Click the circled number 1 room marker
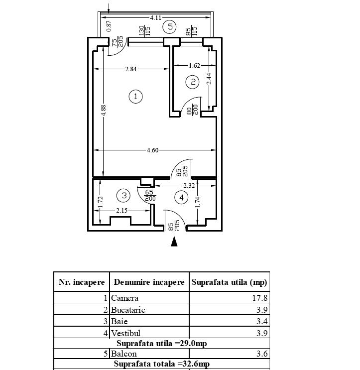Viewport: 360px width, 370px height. click(x=135, y=96)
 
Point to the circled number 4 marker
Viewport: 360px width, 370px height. click(x=181, y=198)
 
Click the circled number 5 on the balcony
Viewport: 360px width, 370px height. click(x=171, y=26)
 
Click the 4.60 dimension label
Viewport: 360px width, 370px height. click(x=152, y=150)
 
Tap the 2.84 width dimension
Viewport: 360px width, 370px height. click(x=130, y=69)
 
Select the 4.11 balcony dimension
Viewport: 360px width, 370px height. click(x=155, y=17)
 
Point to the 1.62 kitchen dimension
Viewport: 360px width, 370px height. click(x=194, y=65)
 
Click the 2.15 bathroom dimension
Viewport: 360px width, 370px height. click(x=122, y=211)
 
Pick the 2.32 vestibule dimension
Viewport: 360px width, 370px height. click(x=189, y=186)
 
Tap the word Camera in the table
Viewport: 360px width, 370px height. click(x=125, y=298)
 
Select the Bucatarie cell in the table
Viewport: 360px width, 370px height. click(x=128, y=310)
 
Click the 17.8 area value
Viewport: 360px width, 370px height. click(x=262, y=298)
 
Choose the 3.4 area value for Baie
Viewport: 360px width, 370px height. click(x=262, y=322)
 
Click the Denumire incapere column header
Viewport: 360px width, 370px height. click(x=149, y=282)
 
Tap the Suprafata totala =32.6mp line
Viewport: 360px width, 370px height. click(x=162, y=364)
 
